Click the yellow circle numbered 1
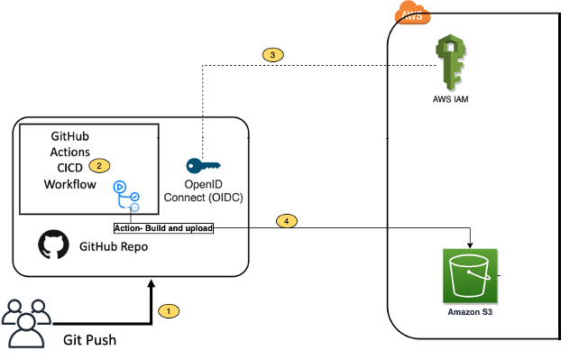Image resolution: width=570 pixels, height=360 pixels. [168, 310]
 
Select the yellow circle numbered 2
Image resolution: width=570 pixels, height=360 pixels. [100, 165]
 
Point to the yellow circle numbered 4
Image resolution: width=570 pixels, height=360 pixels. [286, 220]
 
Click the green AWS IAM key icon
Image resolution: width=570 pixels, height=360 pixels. [449, 63]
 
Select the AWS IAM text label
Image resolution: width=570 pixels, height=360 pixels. [449, 99]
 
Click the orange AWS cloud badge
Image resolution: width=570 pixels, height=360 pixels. [412, 13]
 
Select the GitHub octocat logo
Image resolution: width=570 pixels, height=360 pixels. [52, 245]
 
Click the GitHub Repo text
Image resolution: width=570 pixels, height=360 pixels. [115, 245]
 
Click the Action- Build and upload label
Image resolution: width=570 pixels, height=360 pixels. [163, 228]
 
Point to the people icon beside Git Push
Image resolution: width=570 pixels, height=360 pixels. [23, 324]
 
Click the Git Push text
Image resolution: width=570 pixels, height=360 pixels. [89, 340]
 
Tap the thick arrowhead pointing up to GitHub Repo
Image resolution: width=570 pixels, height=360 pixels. [152, 284]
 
